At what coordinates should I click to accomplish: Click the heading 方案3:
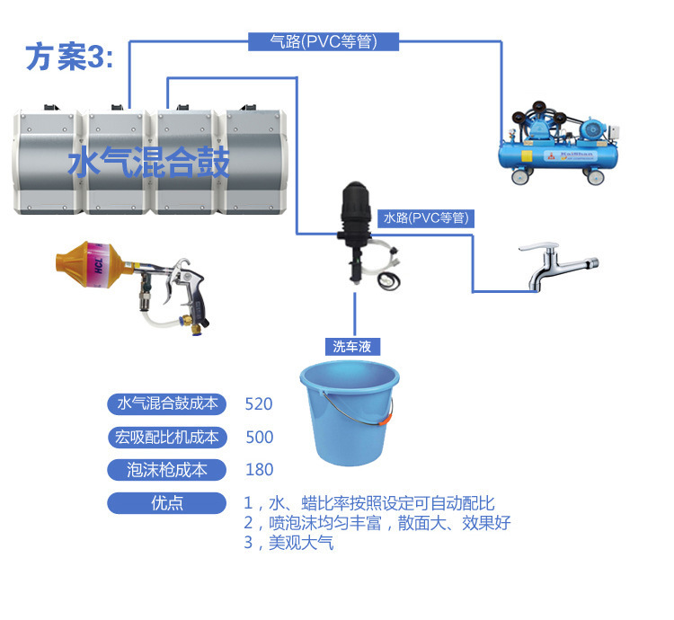coord(70,57)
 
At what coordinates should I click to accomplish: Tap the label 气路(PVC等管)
coord(324,41)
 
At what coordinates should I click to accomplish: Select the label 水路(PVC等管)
coord(426,217)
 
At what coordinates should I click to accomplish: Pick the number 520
coord(259,404)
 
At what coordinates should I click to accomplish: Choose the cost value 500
coord(259,438)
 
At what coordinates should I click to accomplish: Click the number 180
coord(259,470)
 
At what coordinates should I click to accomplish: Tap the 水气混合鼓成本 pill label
coord(168,404)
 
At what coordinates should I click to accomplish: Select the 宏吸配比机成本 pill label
coord(168,438)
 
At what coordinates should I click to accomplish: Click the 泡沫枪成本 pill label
coord(168,470)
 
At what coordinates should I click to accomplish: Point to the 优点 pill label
coord(168,503)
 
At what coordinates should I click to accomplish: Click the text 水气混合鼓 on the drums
coord(149,164)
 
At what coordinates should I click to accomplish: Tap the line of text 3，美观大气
coord(288,544)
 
